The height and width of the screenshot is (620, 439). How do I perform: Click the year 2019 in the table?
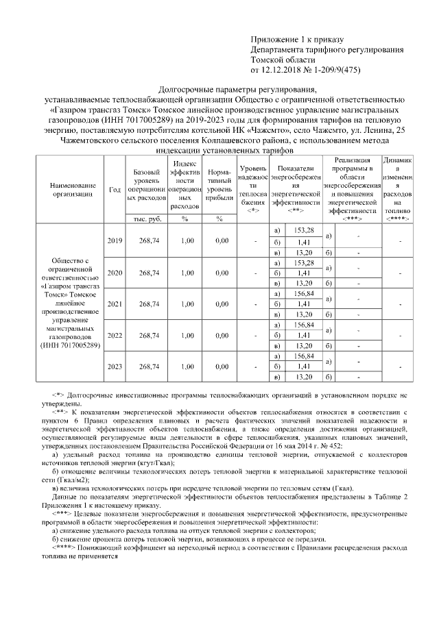coord(115,240)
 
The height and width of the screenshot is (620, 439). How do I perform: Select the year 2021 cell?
coord(115,303)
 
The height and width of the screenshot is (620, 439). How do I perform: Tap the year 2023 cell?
coord(115,367)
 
